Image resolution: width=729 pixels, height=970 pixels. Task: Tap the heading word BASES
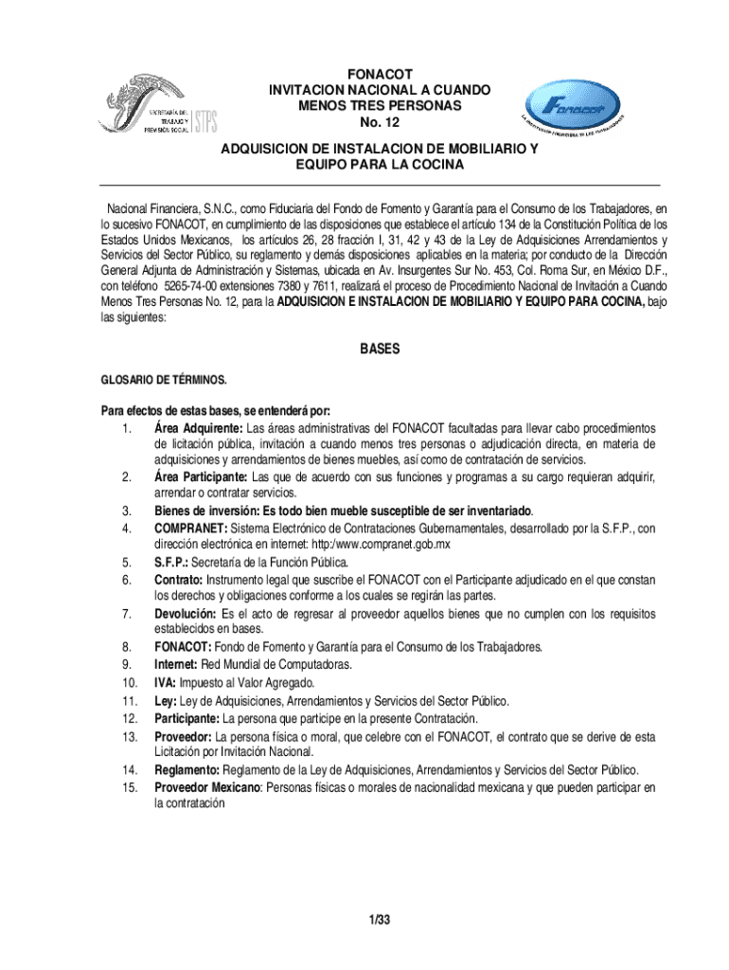tap(379, 350)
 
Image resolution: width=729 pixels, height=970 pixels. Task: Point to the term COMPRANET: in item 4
tap(191, 528)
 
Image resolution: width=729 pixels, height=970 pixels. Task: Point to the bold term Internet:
tap(176, 665)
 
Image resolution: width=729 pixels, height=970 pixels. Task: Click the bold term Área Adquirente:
tap(199, 428)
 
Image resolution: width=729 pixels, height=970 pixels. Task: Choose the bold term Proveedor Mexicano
tap(207, 786)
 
